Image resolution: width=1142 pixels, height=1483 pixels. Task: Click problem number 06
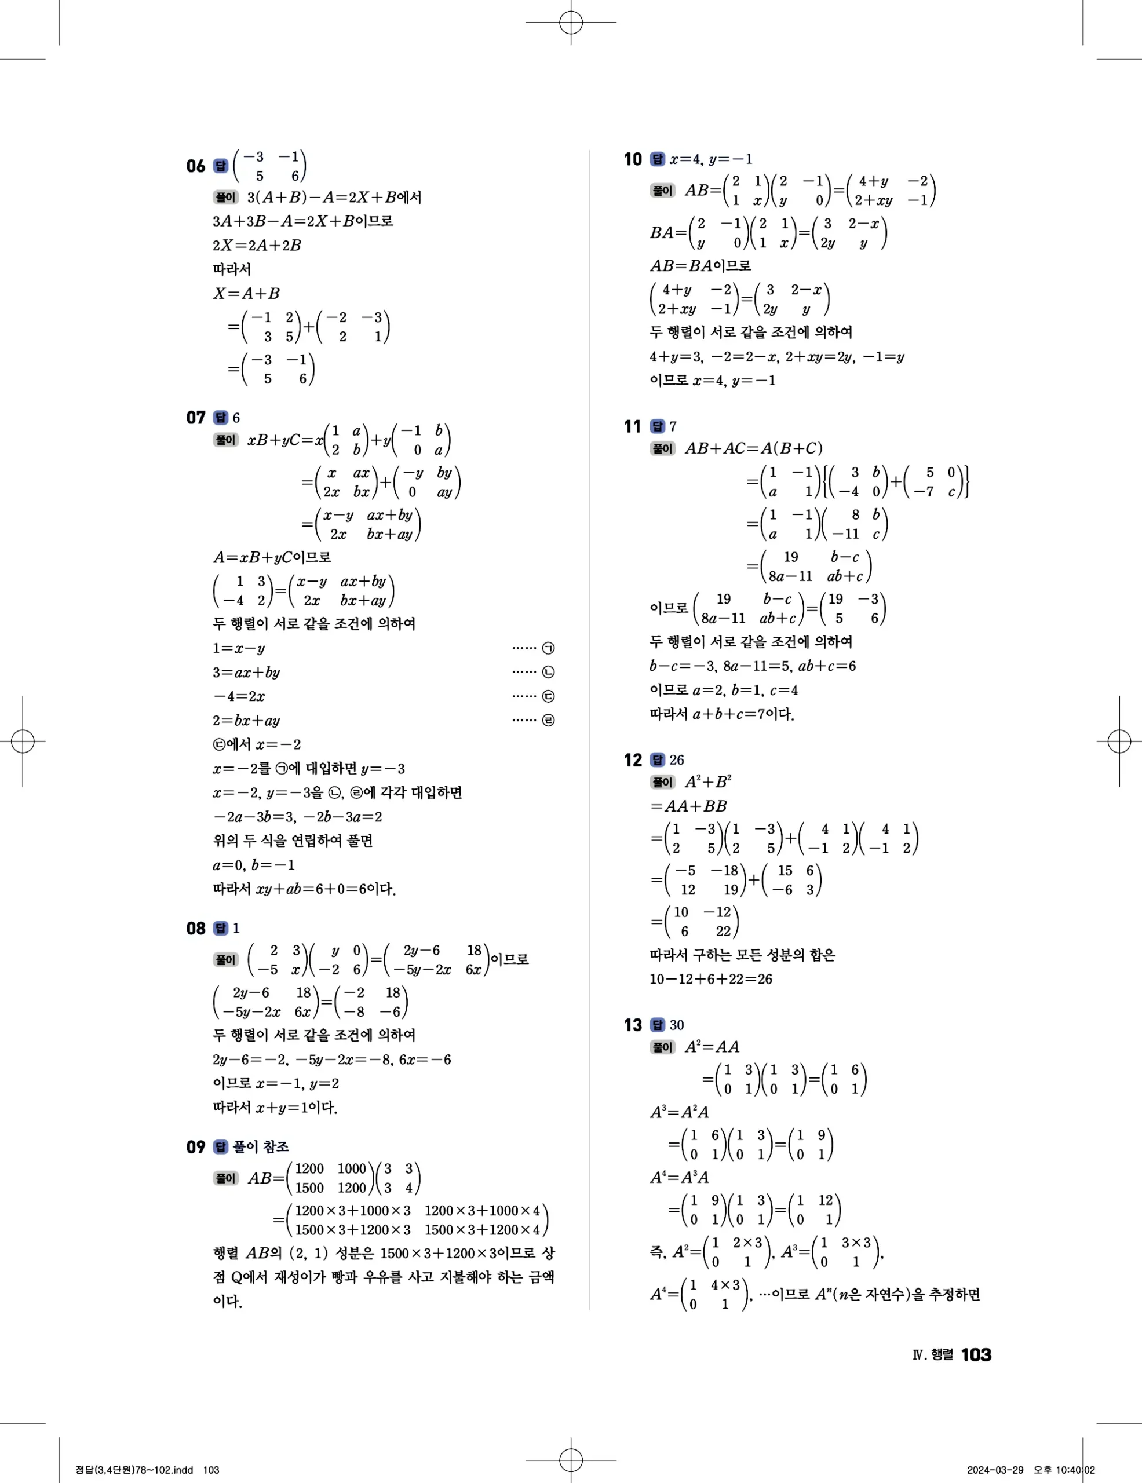tap(195, 166)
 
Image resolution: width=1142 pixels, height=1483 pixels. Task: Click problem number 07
tap(195, 418)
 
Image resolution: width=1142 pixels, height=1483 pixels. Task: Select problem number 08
tap(195, 928)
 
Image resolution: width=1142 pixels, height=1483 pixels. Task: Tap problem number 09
tap(195, 1147)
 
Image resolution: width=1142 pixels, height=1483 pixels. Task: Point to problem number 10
tap(633, 159)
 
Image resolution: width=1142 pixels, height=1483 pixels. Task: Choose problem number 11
tap(633, 426)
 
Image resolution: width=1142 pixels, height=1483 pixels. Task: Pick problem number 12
tap(633, 760)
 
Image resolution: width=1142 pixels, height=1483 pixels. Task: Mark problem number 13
tap(633, 1025)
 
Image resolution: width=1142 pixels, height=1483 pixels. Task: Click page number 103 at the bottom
tap(976, 1354)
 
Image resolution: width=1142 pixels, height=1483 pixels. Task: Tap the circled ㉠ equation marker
tap(549, 648)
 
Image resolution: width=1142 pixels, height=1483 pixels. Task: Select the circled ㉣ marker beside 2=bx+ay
tap(549, 721)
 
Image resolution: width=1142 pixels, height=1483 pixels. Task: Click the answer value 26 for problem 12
tap(677, 760)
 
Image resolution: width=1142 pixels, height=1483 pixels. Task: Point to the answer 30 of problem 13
tap(677, 1025)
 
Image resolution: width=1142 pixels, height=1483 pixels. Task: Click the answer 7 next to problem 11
tap(673, 426)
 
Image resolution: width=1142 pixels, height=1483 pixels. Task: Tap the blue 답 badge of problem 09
tap(221, 1147)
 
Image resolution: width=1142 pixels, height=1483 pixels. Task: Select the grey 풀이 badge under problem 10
tap(663, 191)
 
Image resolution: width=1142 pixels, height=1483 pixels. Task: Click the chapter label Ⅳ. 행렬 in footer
tap(933, 1354)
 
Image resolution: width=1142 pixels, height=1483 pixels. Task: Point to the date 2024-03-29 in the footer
tap(995, 1470)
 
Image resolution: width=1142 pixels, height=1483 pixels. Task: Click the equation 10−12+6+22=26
tap(711, 979)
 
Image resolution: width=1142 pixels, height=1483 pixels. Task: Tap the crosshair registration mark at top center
tap(571, 23)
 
